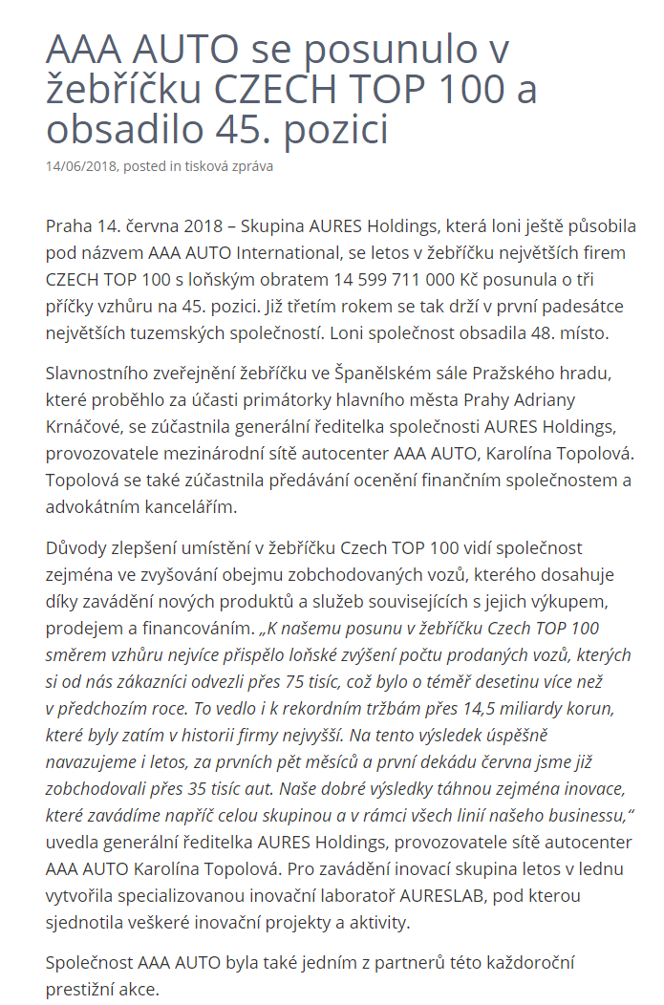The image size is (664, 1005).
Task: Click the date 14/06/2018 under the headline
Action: click(x=81, y=166)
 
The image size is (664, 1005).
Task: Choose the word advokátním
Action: click(x=92, y=506)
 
